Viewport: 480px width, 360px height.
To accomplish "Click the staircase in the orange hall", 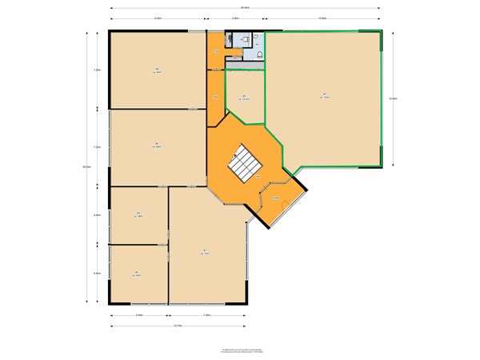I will (x=246, y=165).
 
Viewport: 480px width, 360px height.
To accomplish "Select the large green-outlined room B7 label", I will (x=324, y=96).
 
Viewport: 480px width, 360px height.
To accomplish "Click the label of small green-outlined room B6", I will (x=245, y=98).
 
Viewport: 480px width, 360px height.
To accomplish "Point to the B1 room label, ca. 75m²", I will (x=206, y=251).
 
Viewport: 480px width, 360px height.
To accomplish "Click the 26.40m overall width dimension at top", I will (x=245, y=8).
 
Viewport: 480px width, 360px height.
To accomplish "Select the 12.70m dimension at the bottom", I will (x=178, y=326).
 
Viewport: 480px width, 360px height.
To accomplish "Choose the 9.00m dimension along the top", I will (x=158, y=18).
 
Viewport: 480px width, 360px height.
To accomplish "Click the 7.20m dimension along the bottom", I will (x=206, y=315).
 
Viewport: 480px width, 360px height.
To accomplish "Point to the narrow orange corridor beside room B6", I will (x=215, y=98).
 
